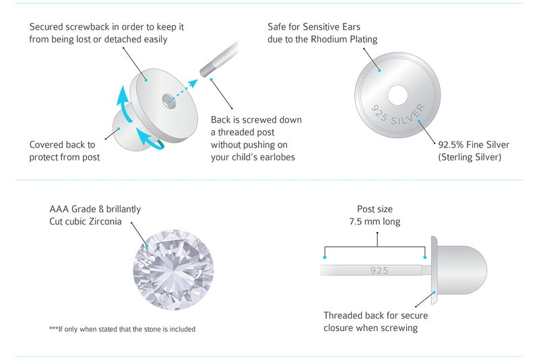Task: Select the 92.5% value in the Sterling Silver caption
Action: [x=453, y=145]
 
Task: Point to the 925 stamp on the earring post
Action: [x=379, y=270]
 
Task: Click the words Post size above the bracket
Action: [x=375, y=209]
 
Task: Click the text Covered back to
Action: [x=62, y=145]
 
